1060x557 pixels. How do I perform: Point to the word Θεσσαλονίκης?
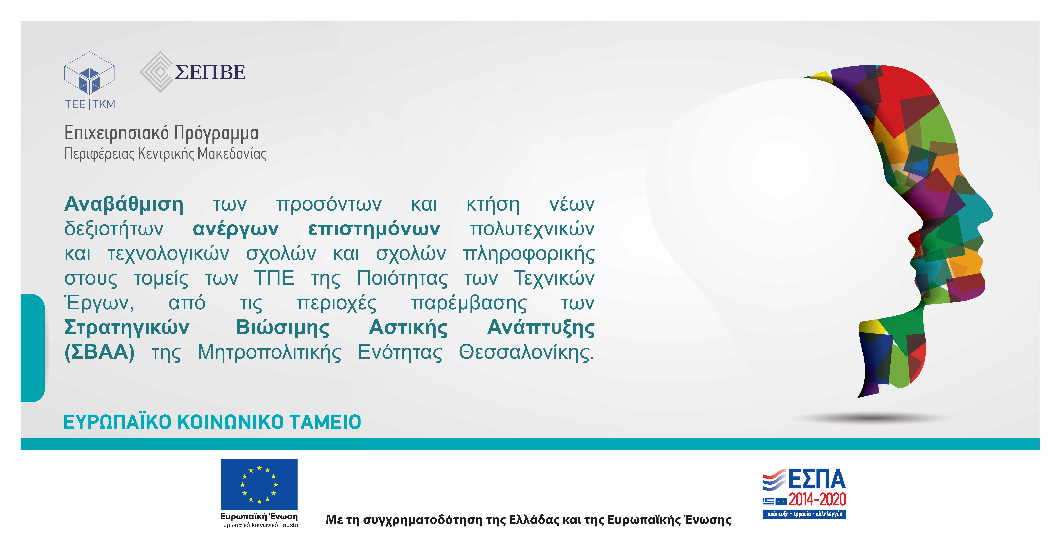click(527, 353)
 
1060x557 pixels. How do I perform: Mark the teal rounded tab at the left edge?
click(32, 348)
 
